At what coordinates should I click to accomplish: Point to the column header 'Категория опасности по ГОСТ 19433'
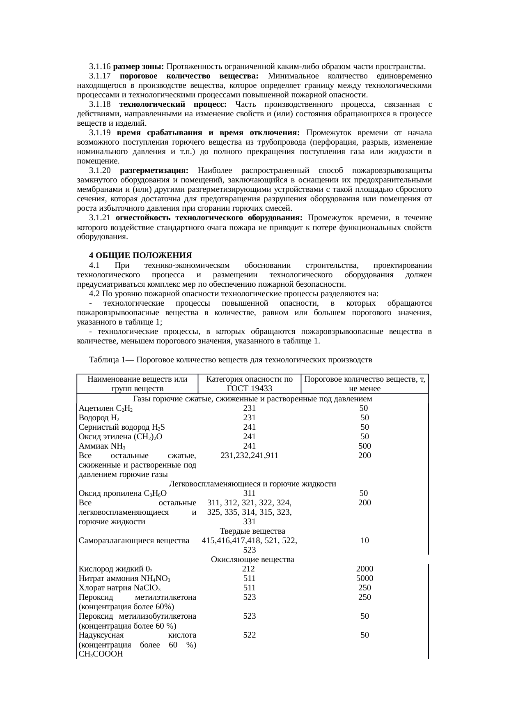(249, 384)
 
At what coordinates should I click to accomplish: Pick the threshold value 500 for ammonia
(365, 446)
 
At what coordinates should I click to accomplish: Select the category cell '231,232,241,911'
(249, 456)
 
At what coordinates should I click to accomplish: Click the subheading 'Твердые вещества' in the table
(252, 531)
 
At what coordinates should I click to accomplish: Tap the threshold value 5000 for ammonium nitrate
(365, 578)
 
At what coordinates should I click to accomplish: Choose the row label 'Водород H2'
(99, 418)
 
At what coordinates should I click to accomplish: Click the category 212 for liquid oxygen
(249, 569)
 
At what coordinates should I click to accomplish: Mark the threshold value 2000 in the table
(365, 569)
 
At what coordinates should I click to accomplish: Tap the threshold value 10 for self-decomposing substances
(365, 541)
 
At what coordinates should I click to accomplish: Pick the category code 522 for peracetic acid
(249, 635)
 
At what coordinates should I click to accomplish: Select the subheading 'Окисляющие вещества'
(252, 560)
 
